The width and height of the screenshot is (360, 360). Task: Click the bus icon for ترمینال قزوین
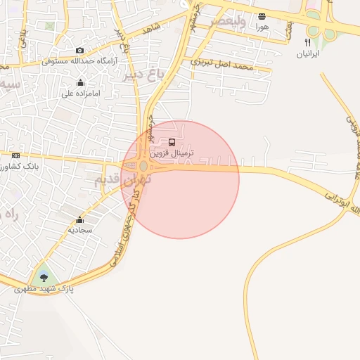click(172, 143)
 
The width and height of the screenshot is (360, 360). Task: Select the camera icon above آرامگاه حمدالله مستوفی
click(79, 51)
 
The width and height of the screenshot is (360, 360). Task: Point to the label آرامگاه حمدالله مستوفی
click(77, 61)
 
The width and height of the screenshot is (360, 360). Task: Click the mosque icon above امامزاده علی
click(81, 82)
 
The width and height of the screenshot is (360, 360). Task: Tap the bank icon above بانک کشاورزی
click(16, 155)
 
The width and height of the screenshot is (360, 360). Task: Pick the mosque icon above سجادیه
click(79, 219)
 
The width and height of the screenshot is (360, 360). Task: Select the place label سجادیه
click(79, 230)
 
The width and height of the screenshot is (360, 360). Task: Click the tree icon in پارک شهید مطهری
click(44, 276)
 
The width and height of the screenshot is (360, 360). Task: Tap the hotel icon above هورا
click(262, 16)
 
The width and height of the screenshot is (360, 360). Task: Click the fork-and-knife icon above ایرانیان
click(307, 43)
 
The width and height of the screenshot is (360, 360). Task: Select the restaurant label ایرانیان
click(307, 53)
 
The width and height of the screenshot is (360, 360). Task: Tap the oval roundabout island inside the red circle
click(143, 166)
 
